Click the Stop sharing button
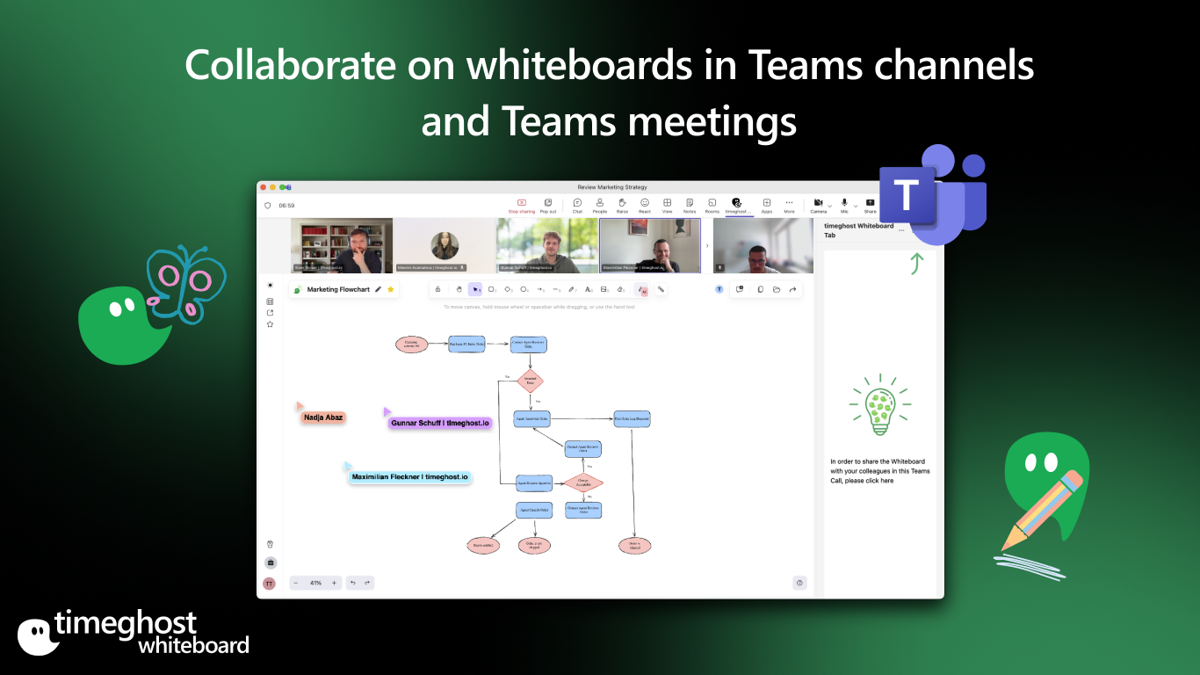click(521, 206)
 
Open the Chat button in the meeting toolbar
click(577, 206)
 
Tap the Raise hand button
click(622, 206)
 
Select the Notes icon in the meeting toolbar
click(690, 206)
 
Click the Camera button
click(818, 206)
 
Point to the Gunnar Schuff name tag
click(439, 423)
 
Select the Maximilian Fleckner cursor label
click(409, 477)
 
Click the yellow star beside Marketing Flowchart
click(391, 289)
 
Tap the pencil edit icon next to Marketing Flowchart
click(379, 289)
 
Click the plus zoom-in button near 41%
click(334, 583)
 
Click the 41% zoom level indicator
click(315, 583)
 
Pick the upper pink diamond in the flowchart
click(530, 381)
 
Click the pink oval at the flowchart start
click(412, 345)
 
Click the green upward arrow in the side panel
click(916, 263)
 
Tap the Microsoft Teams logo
click(932, 194)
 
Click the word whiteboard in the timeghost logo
click(193, 644)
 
